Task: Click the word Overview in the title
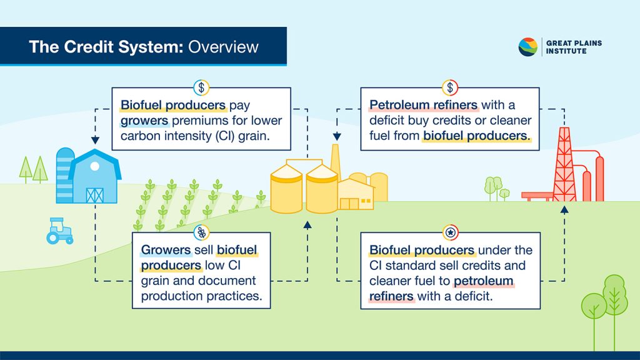[x=223, y=47]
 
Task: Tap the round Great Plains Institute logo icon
[x=528, y=47]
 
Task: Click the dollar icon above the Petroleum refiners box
[x=450, y=87]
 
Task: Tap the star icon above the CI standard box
[x=450, y=232]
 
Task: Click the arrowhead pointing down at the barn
[x=95, y=141]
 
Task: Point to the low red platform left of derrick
[x=536, y=196]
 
